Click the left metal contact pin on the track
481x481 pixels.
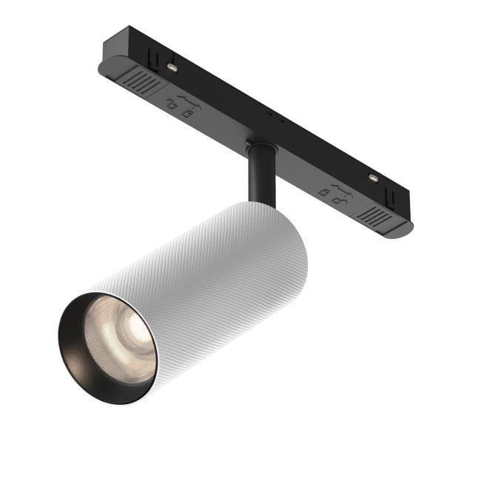[172, 67]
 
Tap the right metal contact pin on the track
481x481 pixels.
[372, 178]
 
